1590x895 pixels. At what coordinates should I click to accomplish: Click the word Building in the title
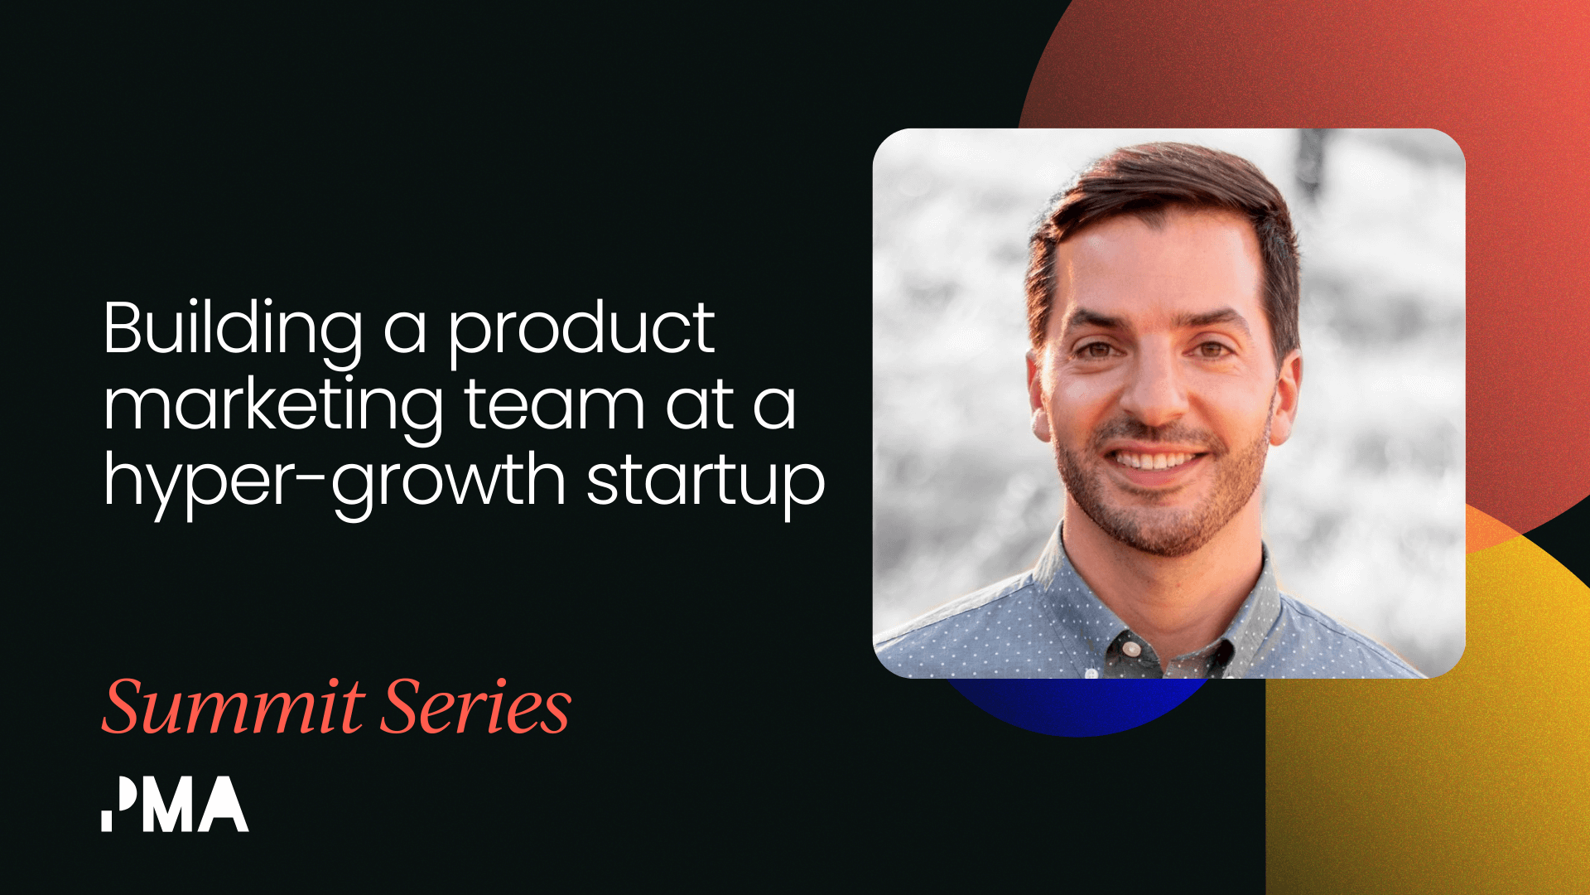233,331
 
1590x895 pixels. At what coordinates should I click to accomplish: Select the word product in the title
581,331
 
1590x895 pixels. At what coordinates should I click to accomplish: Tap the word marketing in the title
273,406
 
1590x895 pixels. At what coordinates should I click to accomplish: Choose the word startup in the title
706,481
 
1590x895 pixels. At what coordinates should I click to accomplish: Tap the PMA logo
175,804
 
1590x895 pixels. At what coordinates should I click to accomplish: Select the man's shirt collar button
1130,648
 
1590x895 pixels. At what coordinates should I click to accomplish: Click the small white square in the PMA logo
107,820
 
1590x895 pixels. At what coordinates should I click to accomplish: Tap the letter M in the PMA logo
169,805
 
